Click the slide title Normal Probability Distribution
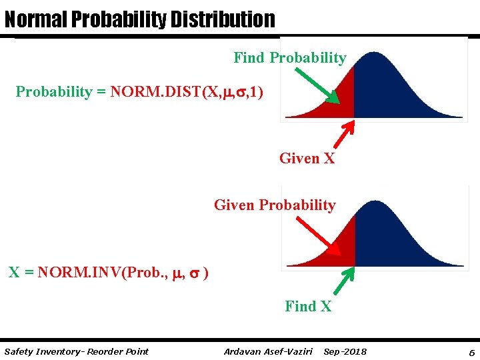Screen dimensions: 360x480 click(x=139, y=19)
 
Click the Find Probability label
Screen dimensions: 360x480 click(x=289, y=58)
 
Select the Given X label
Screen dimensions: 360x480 click(x=307, y=159)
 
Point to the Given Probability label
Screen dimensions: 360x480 click(x=274, y=205)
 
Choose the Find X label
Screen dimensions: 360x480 click(x=307, y=307)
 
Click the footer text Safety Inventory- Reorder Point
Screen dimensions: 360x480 click(x=76, y=351)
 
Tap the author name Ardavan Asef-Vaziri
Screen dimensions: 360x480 click(x=268, y=351)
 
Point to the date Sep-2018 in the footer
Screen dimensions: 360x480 click(x=345, y=351)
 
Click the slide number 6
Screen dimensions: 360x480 click(x=471, y=351)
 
